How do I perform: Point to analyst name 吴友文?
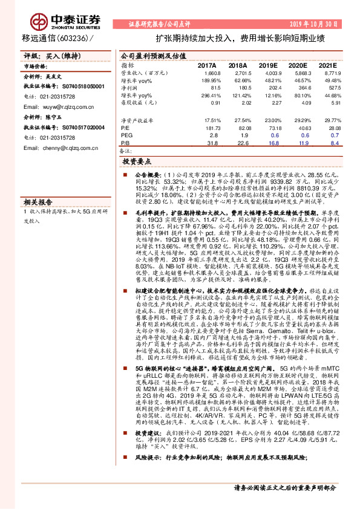(x=54, y=78)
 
